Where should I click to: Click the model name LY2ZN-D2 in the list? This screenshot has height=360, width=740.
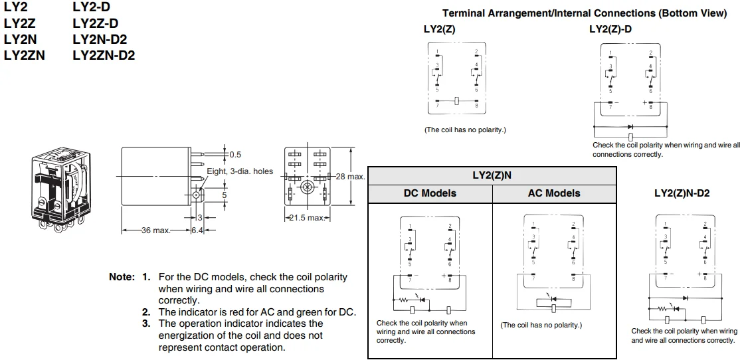[104, 56]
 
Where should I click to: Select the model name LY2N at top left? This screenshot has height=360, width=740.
[20, 40]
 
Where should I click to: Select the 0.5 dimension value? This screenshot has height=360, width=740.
[235, 155]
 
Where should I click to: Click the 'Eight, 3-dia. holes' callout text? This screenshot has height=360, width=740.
[239, 171]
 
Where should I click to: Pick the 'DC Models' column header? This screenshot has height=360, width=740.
[430, 193]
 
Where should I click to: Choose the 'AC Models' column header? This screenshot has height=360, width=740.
[554, 193]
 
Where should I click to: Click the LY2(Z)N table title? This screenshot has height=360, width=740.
[492, 175]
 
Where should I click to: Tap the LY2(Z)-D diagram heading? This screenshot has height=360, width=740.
[610, 29]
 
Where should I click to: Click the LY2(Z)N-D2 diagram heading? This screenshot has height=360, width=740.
[682, 193]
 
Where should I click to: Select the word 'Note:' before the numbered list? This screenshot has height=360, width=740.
[121, 276]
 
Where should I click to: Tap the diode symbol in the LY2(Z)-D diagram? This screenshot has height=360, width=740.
[630, 126]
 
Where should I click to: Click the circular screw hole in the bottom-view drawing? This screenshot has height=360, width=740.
[308, 188]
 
